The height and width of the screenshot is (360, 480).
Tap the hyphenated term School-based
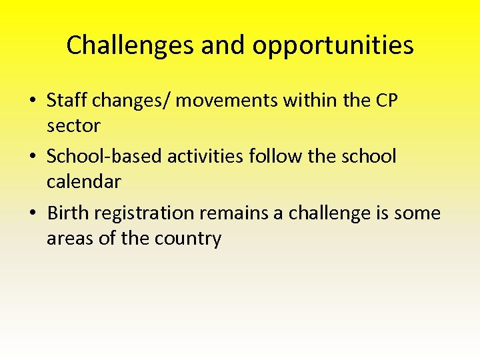[x=105, y=157]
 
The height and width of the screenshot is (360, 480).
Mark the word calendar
[x=84, y=181]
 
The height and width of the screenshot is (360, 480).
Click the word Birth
[x=69, y=213]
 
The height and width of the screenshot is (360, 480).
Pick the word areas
[x=70, y=238]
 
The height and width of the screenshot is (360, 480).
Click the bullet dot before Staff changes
[x=33, y=101]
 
